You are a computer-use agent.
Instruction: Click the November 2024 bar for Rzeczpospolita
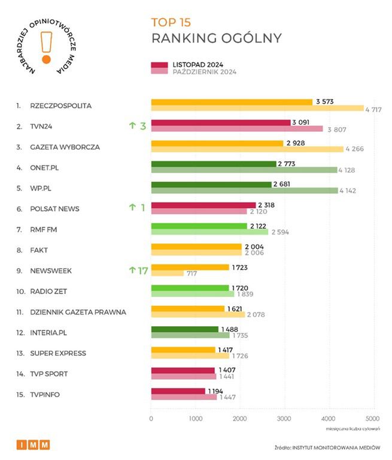point(231,102)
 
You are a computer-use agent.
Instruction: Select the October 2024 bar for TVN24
point(236,129)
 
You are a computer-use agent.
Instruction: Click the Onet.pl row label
point(47,168)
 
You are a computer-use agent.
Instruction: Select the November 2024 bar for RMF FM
point(199,226)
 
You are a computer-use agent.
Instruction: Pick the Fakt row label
point(39,250)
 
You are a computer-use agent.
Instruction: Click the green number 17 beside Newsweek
point(142,270)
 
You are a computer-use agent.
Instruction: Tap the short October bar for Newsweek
point(167,273)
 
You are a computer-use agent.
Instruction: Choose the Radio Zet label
point(48,291)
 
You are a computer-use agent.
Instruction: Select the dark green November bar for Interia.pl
point(184,329)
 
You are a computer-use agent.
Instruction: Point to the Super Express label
point(57,353)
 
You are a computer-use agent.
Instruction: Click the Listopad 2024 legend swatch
point(159,65)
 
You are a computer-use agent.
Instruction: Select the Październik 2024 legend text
point(204,72)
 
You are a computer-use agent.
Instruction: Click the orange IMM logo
point(33,444)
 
